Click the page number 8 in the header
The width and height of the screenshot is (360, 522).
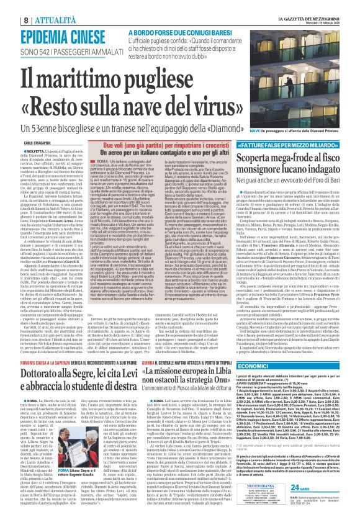9,5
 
